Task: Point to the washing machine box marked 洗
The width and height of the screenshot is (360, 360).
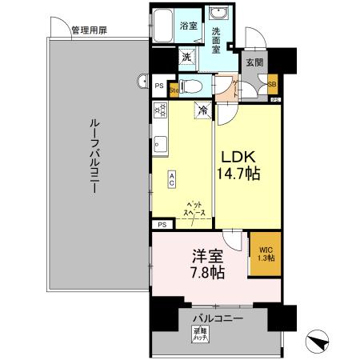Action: coord(186,57)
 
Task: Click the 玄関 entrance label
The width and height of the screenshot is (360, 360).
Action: coord(254,62)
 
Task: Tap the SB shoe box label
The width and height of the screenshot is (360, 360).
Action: coord(272,83)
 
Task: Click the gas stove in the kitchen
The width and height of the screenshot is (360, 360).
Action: coord(159,110)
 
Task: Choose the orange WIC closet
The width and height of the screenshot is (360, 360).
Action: coord(264,254)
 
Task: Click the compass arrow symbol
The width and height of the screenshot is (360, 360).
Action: coord(319,342)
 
